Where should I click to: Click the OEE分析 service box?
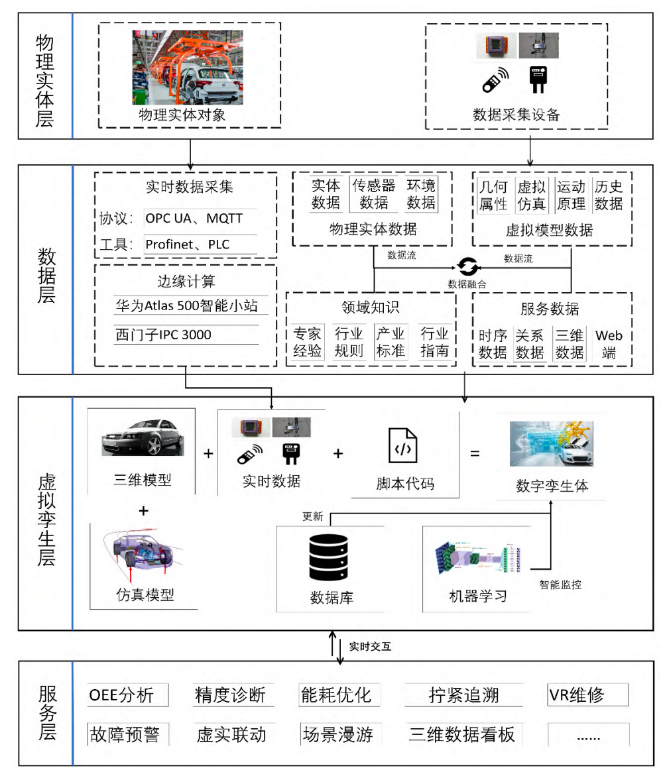[128, 694]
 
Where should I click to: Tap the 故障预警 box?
[128, 734]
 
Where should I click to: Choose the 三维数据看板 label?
[461, 734]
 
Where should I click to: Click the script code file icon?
[403, 446]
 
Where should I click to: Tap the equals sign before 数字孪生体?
[475, 454]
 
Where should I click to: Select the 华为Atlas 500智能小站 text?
[186, 305]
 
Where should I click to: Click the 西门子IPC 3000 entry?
[163, 335]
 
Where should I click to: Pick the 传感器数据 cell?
[373, 193]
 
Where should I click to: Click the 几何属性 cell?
[493, 195]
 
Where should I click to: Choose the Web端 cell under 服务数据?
[609, 343]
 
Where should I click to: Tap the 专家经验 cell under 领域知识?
[307, 341]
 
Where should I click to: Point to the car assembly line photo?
[188, 66]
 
